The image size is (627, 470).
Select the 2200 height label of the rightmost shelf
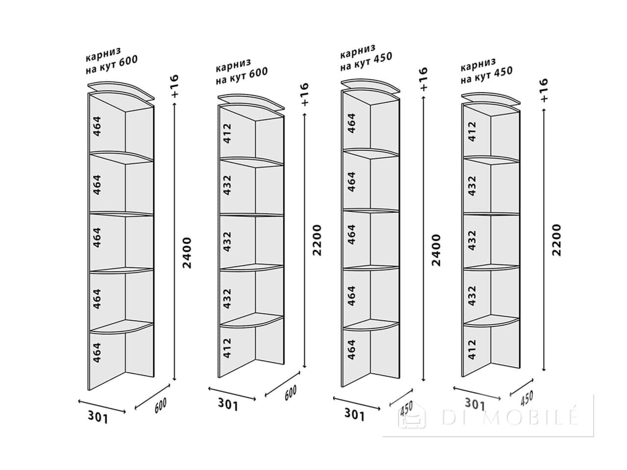(x=557, y=240)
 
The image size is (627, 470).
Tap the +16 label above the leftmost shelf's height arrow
(x=174, y=86)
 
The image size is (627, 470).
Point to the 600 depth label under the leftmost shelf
(x=161, y=405)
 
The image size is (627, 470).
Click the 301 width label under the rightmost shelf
(x=475, y=404)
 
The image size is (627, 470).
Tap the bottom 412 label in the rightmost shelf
(x=472, y=349)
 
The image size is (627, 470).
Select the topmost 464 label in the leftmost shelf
(x=97, y=126)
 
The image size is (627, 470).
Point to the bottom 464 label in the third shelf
(x=352, y=349)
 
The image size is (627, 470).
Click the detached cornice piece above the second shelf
(x=251, y=102)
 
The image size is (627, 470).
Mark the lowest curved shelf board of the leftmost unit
(x=121, y=327)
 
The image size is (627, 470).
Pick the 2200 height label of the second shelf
(x=317, y=240)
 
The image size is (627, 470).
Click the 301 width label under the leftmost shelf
(x=98, y=417)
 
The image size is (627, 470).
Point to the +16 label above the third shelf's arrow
(x=423, y=79)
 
